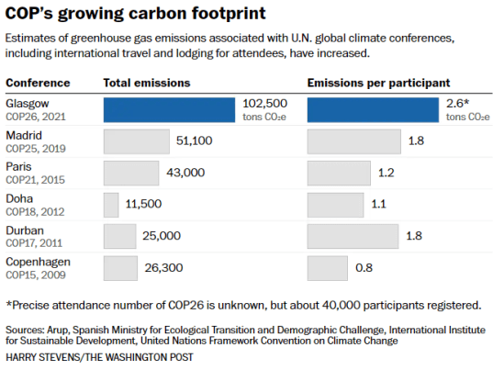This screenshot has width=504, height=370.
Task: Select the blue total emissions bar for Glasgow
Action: [170, 109]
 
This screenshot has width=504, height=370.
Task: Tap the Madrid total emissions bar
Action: [136, 141]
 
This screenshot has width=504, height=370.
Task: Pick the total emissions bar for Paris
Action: [131, 173]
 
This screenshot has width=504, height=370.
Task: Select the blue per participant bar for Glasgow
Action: [373, 109]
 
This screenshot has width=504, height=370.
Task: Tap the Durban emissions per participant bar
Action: [353, 236]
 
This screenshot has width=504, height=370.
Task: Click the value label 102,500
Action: [265, 104]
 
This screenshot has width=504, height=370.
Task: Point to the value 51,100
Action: [194, 141]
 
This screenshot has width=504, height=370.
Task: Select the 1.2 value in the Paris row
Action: [386, 173]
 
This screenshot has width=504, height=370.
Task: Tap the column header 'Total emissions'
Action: [147, 83]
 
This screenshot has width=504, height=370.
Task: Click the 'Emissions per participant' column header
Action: [378, 83]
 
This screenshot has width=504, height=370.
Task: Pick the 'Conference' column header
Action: [38, 83]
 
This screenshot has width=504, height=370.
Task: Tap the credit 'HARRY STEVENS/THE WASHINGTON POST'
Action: [99, 357]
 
